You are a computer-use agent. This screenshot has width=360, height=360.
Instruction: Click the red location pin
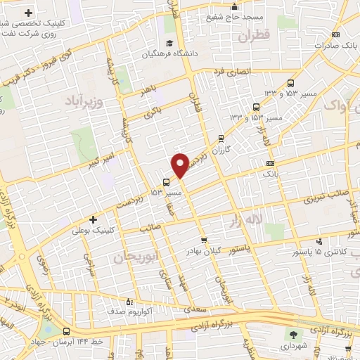[180, 165]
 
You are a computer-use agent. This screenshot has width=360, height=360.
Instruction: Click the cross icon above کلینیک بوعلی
[93, 219]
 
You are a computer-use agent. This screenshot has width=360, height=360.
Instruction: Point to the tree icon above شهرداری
[293, 334]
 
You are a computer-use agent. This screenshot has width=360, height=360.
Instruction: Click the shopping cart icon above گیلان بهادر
[204, 239]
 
